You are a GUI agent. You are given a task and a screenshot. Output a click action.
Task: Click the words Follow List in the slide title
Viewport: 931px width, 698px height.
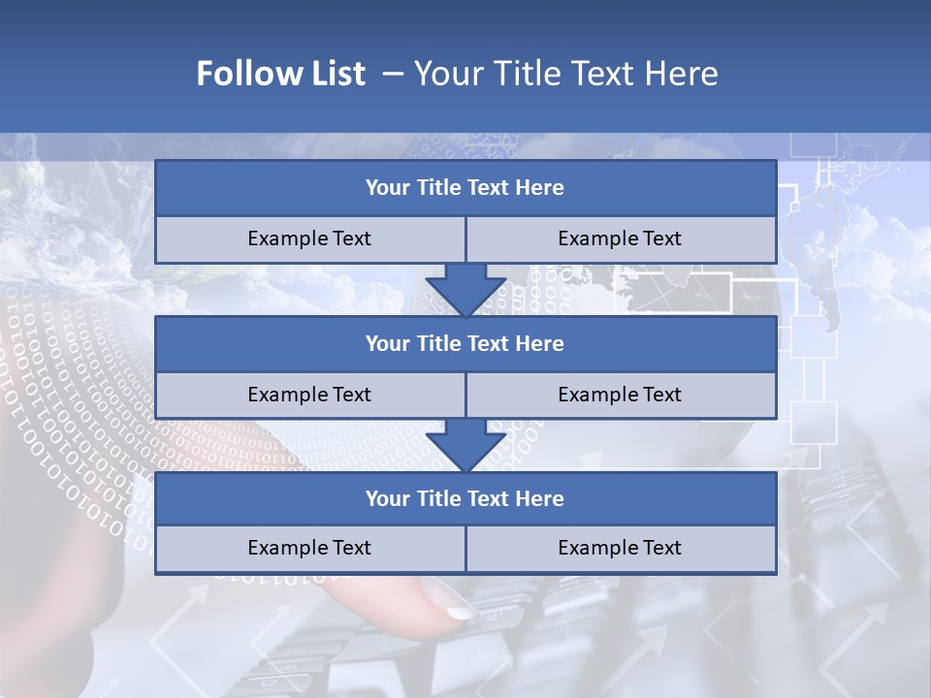pos(281,74)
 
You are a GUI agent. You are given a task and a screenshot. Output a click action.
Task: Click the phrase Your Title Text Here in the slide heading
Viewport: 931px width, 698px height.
pos(566,74)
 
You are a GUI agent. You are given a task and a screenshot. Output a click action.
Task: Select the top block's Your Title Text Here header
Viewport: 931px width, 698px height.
pos(465,188)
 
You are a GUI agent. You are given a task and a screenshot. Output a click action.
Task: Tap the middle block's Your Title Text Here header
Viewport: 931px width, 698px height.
pos(465,343)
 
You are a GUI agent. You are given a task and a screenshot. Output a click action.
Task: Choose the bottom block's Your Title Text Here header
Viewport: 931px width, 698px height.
pos(465,498)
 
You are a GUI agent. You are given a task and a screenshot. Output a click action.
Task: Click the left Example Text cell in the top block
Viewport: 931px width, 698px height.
pos(309,238)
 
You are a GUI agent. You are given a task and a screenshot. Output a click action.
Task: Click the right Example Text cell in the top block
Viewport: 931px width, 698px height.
pos(620,238)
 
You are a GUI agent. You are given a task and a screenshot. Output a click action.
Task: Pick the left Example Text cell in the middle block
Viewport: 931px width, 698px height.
pos(309,395)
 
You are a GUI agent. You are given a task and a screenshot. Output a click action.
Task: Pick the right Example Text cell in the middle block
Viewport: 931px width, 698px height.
pos(620,395)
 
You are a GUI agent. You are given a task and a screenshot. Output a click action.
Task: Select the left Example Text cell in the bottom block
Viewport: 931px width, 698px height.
pos(309,548)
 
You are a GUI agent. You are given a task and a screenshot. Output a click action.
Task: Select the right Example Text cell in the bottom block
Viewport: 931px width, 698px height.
pos(620,548)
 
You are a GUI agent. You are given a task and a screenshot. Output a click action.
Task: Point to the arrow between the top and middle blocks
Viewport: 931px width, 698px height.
pos(465,290)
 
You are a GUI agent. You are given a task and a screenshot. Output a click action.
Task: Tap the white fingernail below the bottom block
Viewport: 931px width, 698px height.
pos(461,612)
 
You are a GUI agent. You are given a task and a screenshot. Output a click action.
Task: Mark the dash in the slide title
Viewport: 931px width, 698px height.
pos(394,74)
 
